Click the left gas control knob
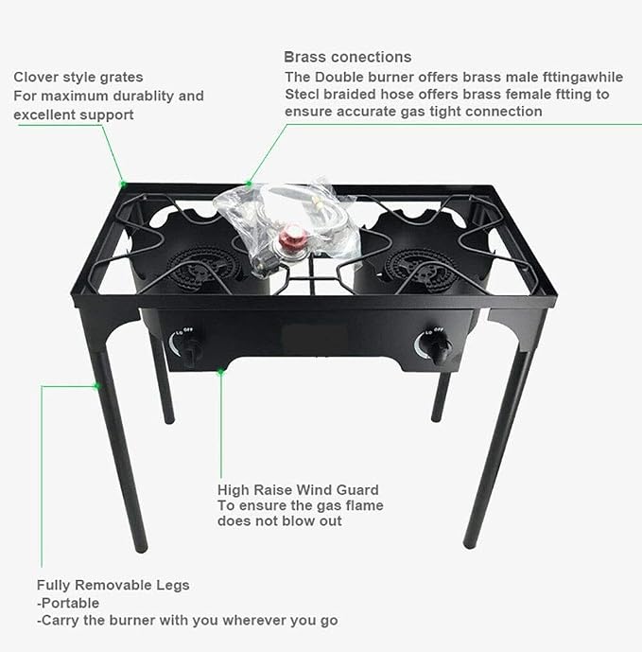189,350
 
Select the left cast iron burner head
200,269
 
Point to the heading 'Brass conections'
348,57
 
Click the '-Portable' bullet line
68,603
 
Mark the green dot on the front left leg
97,386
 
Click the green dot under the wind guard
220,372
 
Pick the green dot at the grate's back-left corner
124,184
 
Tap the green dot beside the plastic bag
249,184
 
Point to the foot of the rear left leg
169,420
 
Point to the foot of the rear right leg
436,418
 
